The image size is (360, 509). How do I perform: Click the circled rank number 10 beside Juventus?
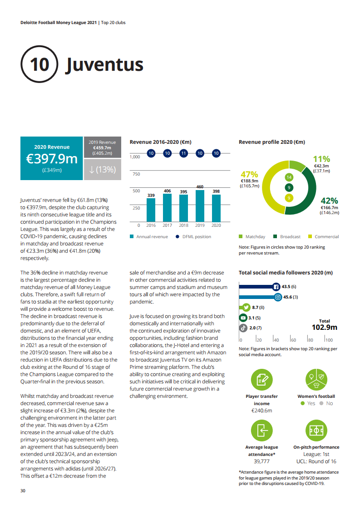coord(39,64)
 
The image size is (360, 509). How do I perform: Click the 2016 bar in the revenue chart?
coord(151,209)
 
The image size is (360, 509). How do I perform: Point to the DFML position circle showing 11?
coord(183,153)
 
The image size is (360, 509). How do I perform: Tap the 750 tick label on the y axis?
coord(136,174)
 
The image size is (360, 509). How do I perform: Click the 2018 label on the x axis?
coord(183,225)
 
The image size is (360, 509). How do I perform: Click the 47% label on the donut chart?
coord(249,175)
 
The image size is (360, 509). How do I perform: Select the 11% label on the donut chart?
coord(321,159)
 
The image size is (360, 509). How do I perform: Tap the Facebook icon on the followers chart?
coord(276,287)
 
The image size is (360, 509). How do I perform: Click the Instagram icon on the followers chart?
coord(277,297)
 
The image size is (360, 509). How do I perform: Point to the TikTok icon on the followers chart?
coord(243,328)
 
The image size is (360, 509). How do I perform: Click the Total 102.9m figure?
coord(324,327)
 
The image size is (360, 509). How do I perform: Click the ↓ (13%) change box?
coord(103,170)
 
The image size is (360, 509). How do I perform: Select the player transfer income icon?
coord(261,380)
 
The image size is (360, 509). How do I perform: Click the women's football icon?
coord(316,380)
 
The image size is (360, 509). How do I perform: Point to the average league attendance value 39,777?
coord(262,461)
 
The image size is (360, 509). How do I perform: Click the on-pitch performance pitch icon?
coord(316,431)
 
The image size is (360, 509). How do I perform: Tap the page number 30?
coord(23,491)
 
